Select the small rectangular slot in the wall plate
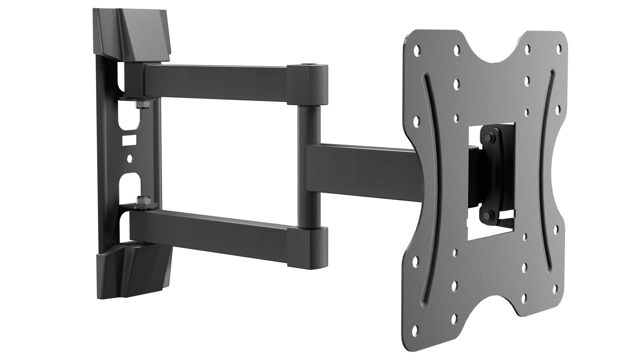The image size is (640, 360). pos(128,141)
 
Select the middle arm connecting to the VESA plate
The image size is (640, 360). pos(360,172)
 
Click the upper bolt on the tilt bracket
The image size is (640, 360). pos(491,139)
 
